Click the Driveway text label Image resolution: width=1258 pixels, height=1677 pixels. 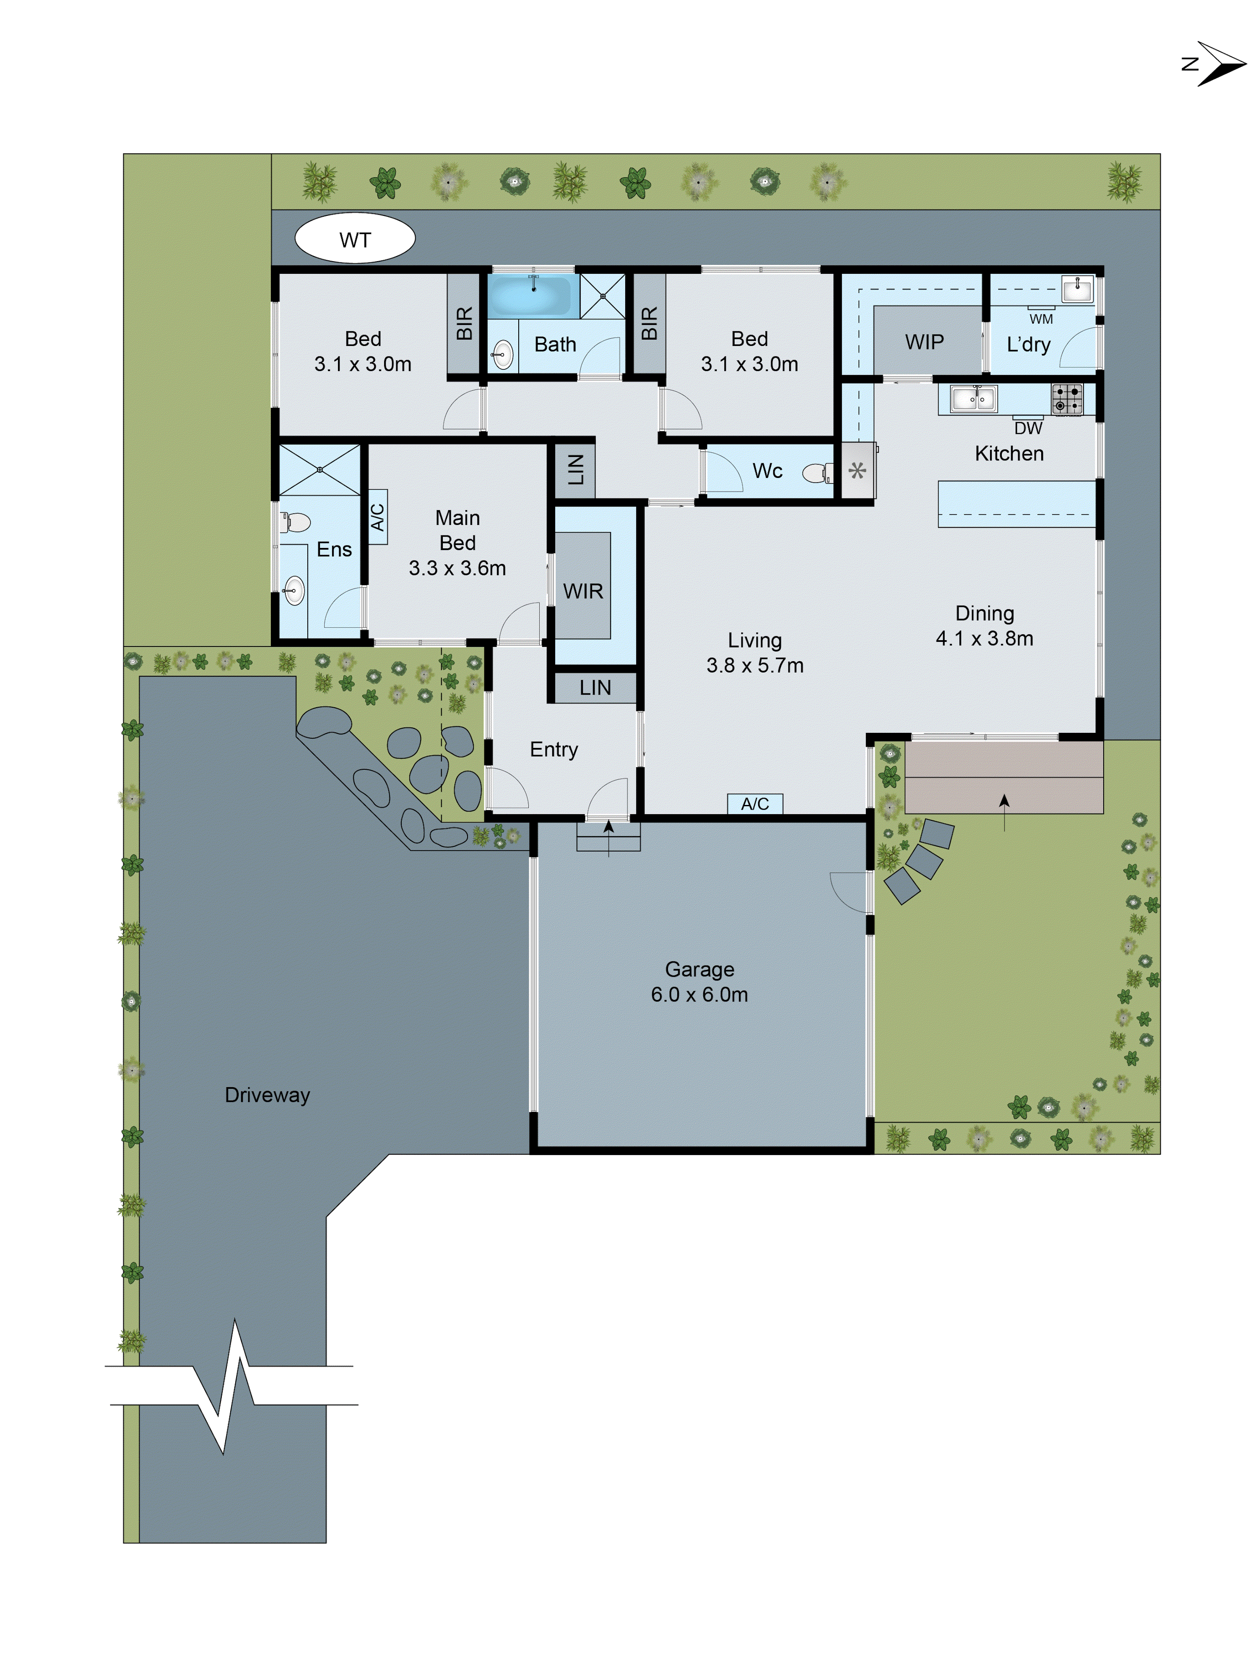coord(267,1095)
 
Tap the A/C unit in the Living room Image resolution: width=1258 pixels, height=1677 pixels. coord(754,804)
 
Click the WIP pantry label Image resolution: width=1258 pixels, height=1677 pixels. coord(924,342)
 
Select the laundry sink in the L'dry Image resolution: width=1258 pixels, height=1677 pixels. coord(1077,289)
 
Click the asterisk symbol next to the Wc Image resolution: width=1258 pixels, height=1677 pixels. coord(857,471)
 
